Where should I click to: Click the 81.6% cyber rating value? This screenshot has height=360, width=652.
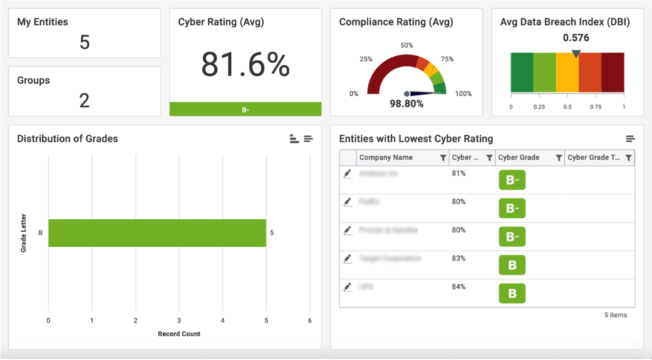tap(245, 64)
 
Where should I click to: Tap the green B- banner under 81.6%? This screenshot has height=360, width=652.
tap(245, 110)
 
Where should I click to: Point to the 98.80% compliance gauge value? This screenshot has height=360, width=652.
tap(406, 104)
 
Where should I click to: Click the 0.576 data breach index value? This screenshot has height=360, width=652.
tap(576, 38)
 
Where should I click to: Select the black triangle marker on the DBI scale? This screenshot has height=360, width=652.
tap(576, 54)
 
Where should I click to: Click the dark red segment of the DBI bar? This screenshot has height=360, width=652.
tap(613, 73)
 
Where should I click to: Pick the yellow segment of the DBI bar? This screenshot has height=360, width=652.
tap(567, 73)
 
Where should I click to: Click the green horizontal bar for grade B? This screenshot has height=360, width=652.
tap(157, 233)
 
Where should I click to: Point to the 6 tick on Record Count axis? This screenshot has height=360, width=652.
tap(310, 321)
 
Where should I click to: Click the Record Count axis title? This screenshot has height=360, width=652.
tap(179, 334)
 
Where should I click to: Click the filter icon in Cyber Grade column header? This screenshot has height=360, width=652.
tap(559, 158)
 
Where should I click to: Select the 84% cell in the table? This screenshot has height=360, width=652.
tap(458, 287)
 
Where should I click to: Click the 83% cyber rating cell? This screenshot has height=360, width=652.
tap(458, 259)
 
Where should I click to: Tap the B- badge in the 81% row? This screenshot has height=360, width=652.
tap(512, 180)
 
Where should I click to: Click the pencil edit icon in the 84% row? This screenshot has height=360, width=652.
tap(348, 287)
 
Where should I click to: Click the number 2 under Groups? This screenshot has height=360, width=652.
tap(85, 100)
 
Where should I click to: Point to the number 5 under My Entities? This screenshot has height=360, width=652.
tap(85, 42)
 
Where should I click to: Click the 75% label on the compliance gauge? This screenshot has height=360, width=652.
tap(447, 59)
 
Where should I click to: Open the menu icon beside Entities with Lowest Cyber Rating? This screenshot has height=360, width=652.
tap(630, 138)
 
